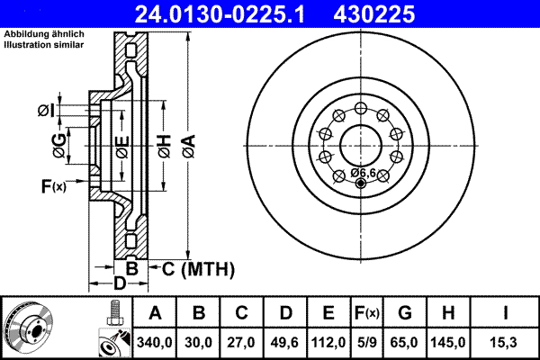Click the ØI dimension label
[47, 111]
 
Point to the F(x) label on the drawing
[54, 186]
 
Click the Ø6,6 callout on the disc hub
[363, 172]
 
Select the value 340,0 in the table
[155, 341]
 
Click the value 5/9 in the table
[368, 341]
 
